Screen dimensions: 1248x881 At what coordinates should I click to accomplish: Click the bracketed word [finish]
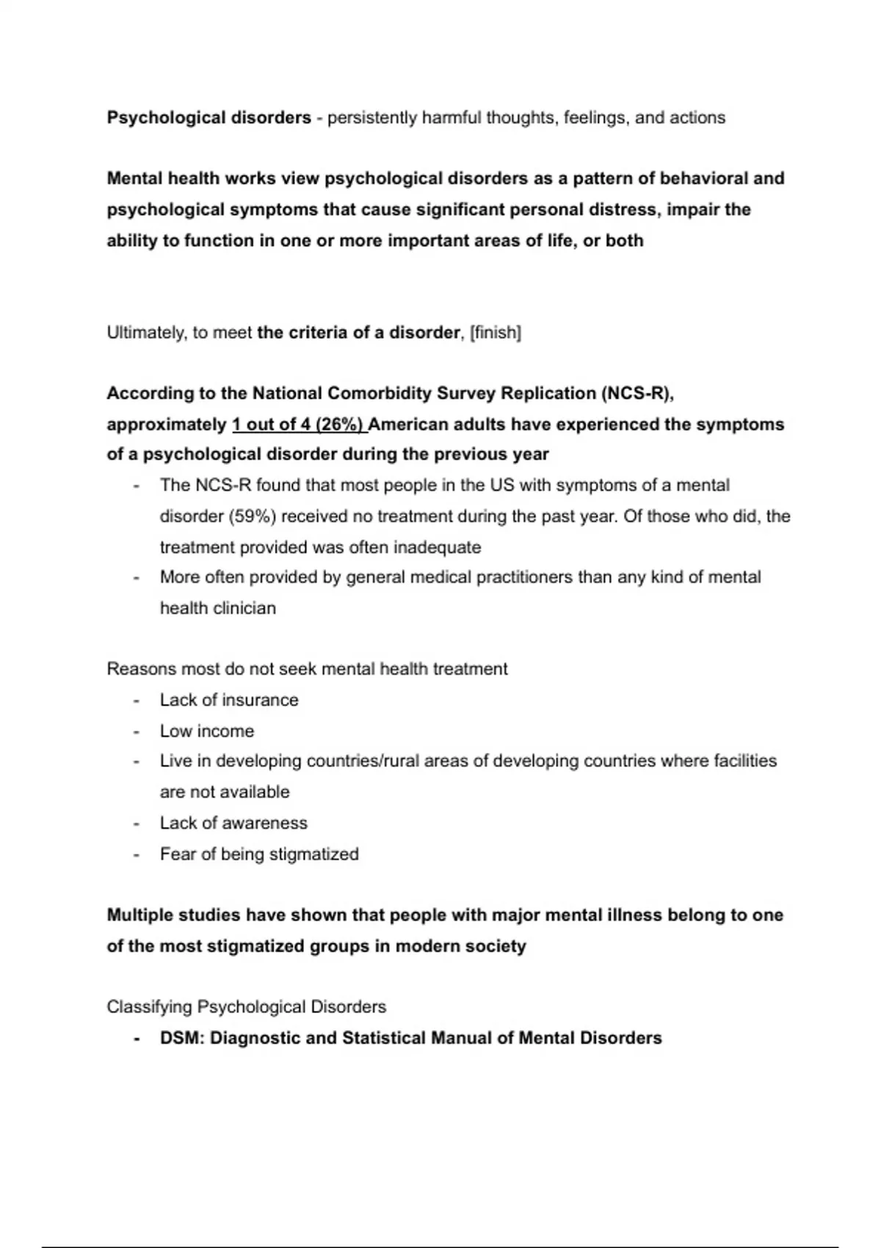click(x=496, y=333)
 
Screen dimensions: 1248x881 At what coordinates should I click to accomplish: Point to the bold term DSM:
click(x=182, y=1038)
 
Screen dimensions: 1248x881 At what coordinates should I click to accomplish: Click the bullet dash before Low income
click(x=137, y=731)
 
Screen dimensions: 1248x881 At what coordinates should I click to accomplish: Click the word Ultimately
click(x=146, y=333)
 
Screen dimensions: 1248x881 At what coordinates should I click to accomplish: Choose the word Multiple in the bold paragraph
click(x=139, y=915)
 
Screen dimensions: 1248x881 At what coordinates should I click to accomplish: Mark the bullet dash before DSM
click(x=137, y=1038)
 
